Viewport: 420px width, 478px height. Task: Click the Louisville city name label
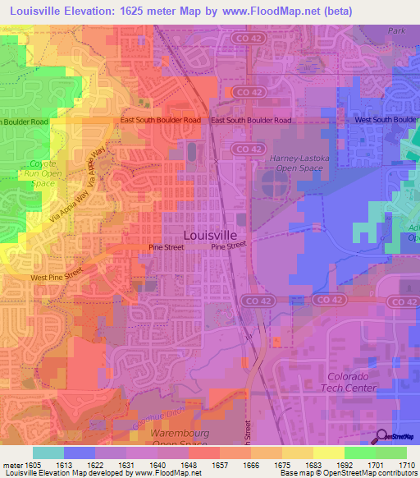(x=211, y=234)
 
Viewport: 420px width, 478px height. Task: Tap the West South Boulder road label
(x=386, y=120)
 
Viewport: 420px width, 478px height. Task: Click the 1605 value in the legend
(x=34, y=465)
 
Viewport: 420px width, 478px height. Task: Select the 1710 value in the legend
(x=405, y=465)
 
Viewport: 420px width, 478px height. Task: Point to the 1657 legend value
(x=219, y=465)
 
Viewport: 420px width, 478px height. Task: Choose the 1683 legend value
(x=312, y=465)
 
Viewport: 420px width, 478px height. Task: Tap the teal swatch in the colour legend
(x=48, y=453)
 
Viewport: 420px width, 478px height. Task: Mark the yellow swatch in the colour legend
(x=328, y=453)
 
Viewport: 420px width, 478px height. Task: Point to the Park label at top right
(x=398, y=30)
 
